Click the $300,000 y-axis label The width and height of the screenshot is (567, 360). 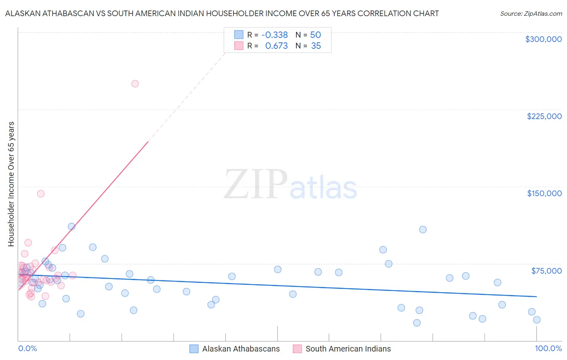pos(543,39)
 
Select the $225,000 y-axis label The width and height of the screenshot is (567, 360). pos(544,116)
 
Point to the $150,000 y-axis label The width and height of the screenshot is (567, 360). pos(544,193)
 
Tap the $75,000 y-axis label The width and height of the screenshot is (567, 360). pos(546,271)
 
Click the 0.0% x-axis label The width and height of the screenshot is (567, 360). pos(27,349)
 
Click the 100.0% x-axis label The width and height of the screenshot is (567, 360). pos(548,349)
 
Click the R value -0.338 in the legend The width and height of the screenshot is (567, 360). pos(275,35)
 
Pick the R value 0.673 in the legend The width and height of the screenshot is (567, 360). pos(276,46)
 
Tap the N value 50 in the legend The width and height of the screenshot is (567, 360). pos(315,35)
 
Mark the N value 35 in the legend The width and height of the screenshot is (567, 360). pos(316,46)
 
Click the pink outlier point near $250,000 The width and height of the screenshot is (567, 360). pos(135,84)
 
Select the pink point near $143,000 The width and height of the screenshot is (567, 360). pos(41,194)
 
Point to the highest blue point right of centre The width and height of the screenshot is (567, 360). pos(423,230)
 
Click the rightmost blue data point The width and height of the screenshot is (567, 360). pos(537,320)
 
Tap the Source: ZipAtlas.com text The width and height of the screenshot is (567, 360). pos(531,14)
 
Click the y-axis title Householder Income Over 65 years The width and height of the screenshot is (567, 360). pos(11,184)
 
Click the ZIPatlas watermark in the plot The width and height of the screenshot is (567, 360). pos(290,185)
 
